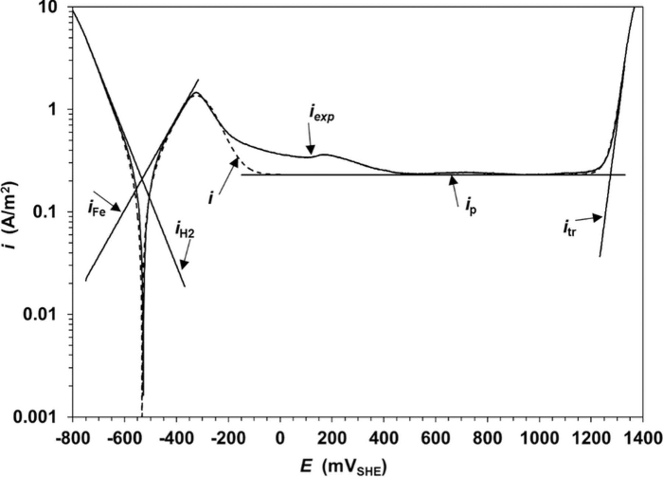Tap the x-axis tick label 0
click(280, 439)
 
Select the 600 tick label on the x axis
click(436, 439)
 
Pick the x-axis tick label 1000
click(539, 439)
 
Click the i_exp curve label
click(321, 115)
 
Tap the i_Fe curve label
click(97, 209)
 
